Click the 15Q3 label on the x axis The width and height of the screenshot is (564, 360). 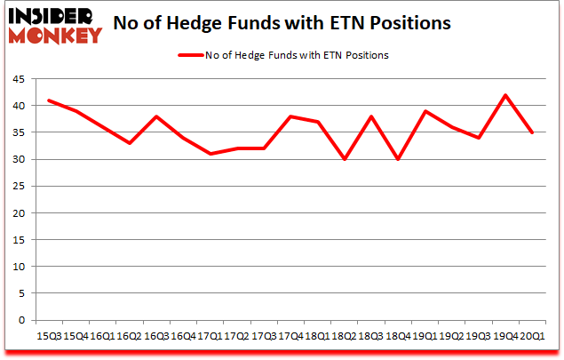pos(48,335)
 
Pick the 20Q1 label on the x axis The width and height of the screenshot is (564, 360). pos(532,335)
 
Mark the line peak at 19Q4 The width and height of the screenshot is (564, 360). pos(505,95)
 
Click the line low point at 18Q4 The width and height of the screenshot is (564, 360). pos(398,159)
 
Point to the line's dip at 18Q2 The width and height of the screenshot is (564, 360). pos(344,159)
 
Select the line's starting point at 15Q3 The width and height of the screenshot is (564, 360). pos(48,100)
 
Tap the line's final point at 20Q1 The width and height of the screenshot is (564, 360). pos(532,132)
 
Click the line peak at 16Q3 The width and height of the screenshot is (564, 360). pos(155,116)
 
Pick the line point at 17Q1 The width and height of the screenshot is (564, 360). pos(210,154)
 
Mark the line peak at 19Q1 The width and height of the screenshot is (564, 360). pos(425,111)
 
